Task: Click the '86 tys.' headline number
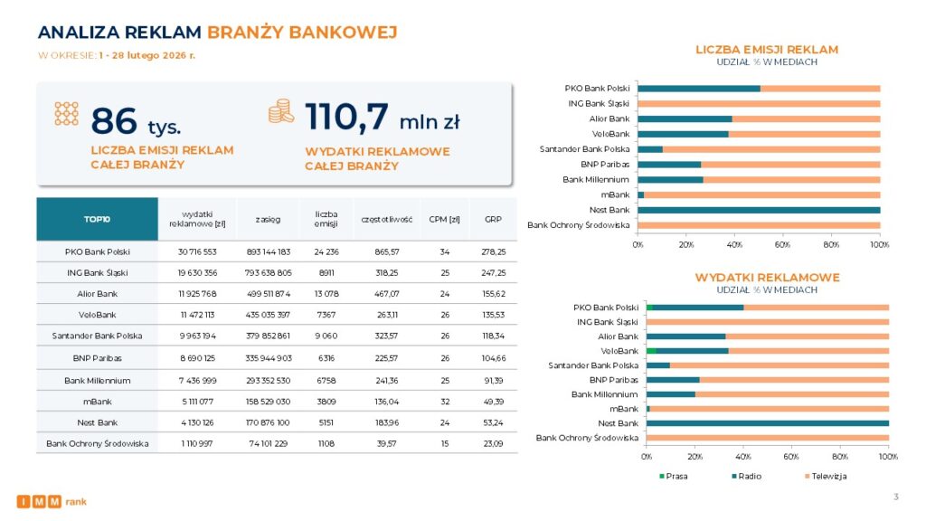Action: [136, 120]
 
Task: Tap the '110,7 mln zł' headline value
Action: [382, 118]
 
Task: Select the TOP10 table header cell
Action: [97, 219]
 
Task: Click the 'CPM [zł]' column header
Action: [445, 219]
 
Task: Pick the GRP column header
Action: [493, 219]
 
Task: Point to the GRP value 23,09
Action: [493, 444]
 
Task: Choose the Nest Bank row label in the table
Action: [98, 422]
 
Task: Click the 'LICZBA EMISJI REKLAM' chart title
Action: [766, 50]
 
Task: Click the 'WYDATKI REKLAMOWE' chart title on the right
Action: [767, 277]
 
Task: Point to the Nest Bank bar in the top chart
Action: [759, 210]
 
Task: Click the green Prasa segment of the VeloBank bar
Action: [651, 351]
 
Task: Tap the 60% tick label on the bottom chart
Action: [791, 457]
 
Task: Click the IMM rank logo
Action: [52, 501]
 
